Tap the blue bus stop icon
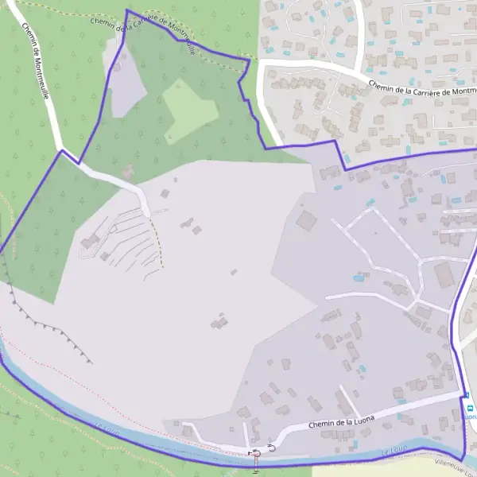[470, 409]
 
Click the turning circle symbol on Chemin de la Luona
[272, 448]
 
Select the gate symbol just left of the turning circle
[256, 452]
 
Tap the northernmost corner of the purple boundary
[127, 10]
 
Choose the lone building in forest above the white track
[128, 170]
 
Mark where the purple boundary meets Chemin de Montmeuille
[60, 151]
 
